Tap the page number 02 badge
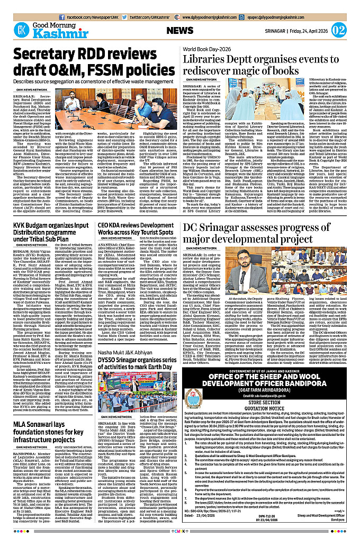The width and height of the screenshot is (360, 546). click(x=338, y=29)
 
